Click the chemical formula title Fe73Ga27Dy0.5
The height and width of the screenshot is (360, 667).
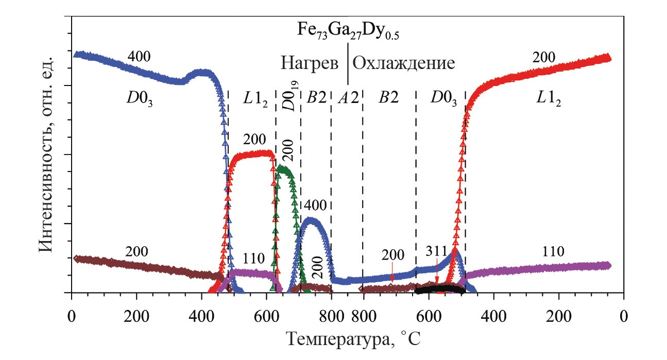point(348,31)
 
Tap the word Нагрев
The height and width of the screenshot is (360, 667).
point(310,63)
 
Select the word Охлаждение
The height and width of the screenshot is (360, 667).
point(404,63)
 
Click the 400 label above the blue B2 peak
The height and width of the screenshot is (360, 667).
point(315,205)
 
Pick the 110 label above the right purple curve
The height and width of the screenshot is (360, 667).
point(553,251)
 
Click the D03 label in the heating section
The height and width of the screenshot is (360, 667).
point(140,98)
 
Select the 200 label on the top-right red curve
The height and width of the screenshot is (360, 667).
point(543,58)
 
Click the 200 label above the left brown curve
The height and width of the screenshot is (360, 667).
point(136,252)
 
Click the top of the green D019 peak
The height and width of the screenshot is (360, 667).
point(281,168)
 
